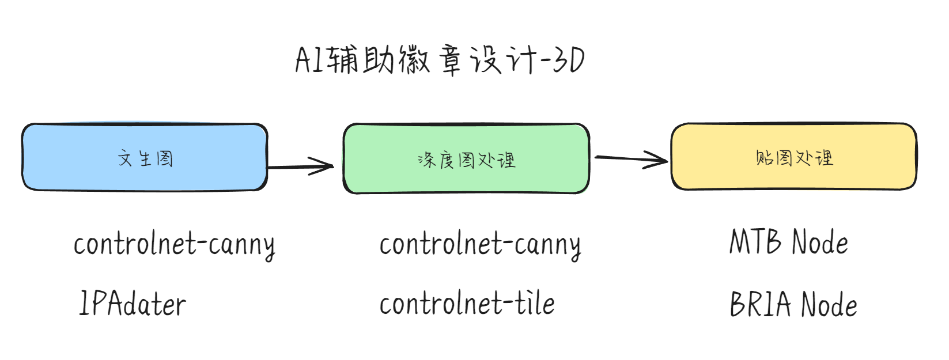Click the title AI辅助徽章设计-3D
tap(440, 60)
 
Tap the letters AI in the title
tap(309, 60)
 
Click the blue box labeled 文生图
tap(145, 157)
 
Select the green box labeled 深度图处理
tap(466, 158)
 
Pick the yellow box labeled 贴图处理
tap(794, 156)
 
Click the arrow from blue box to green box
tap(300, 166)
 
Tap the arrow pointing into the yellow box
tap(632, 159)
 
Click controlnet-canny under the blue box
tap(174, 245)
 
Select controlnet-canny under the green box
tap(480, 245)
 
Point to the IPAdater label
tap(132, 304)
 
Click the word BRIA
tap(760, 304)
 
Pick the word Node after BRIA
tap(830, 304)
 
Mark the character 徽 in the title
tap(414, 60)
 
